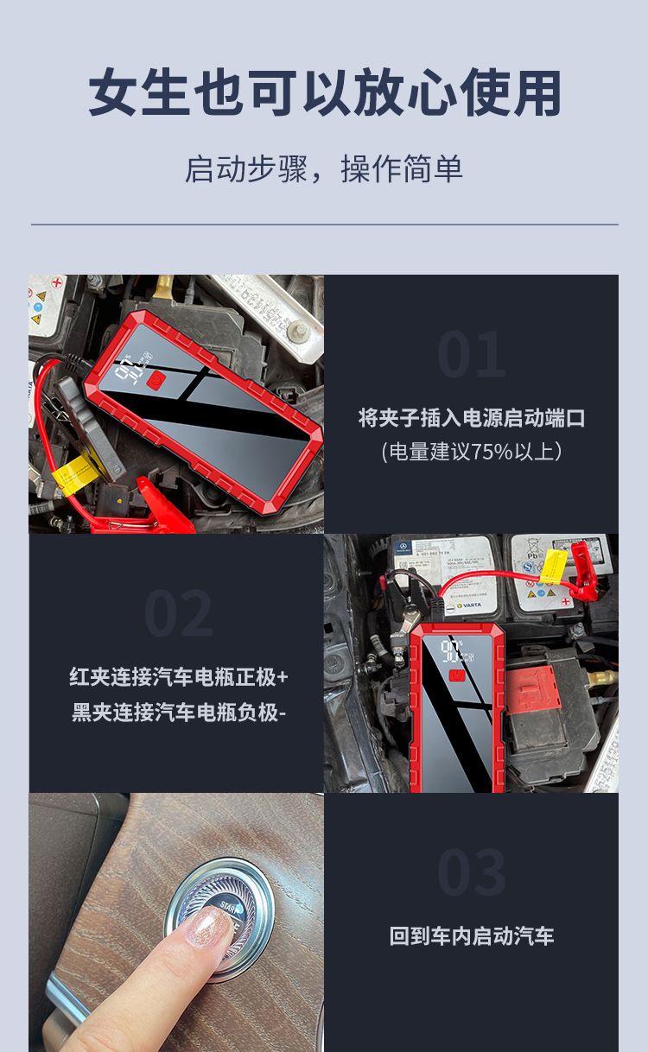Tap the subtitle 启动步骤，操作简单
pos(324,168)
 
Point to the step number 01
pos(471,355)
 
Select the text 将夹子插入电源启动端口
pos(471,418)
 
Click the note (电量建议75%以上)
pos(471,451)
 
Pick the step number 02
pos(177,614)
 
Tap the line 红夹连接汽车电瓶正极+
pos(178,676)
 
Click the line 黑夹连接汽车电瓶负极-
pos(178,713)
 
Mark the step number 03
pos(471,872)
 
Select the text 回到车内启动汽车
pos(471,936)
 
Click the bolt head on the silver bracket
pos(297,331)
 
